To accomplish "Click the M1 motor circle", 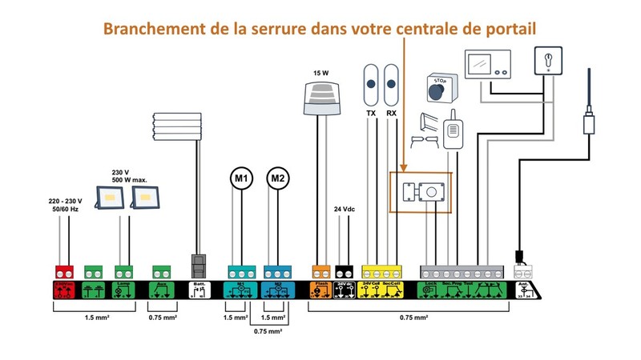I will coord(241,178).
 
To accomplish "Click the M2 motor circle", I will coord(277,178).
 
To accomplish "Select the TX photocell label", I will coord(371,114).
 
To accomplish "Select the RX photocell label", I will coord(392,114).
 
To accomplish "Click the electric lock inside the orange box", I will coord(421,192).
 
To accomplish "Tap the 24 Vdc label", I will coord(344,209).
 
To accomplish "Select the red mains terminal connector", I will coord(63,271).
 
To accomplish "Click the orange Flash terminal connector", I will coord(320,271).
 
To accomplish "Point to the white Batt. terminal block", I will coord(198,289).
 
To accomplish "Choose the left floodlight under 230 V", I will coord(110,197).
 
